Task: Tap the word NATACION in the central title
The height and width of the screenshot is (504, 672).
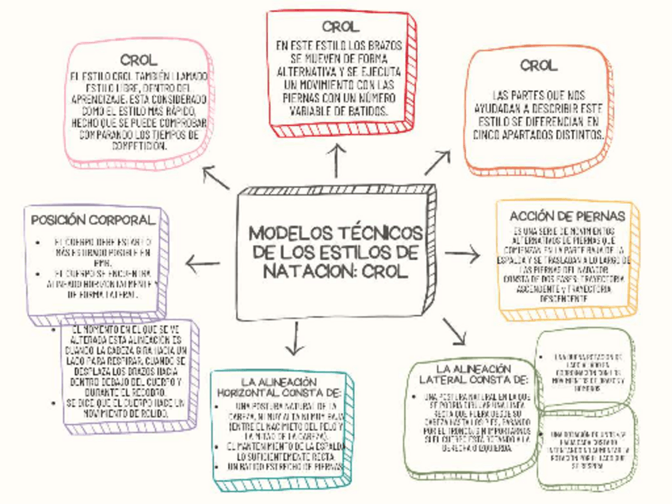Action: pos(305,270)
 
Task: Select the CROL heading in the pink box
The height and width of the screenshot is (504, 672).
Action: pos(139,60)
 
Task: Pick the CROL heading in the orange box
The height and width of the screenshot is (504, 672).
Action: pos(539,66)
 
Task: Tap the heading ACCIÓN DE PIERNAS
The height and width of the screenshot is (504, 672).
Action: pos(567,216)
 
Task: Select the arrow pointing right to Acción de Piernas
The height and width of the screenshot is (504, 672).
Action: pos(463,254)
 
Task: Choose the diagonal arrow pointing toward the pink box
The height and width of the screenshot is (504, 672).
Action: pos(216,177)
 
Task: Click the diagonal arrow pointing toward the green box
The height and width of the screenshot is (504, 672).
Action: pos(455,330)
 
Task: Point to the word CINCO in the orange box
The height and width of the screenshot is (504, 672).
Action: pos(491,136)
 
